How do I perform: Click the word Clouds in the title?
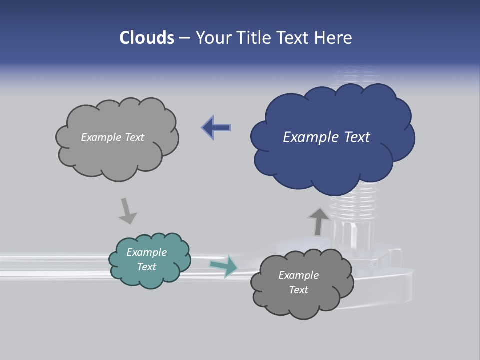146,38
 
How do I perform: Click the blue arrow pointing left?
216,128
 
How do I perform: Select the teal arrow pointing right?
224,266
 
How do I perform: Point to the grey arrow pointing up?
318,221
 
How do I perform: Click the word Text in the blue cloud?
357,137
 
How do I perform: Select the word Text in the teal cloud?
147,267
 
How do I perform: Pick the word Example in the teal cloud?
147,252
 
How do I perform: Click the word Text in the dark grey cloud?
299,290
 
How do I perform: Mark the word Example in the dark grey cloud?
299,275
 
